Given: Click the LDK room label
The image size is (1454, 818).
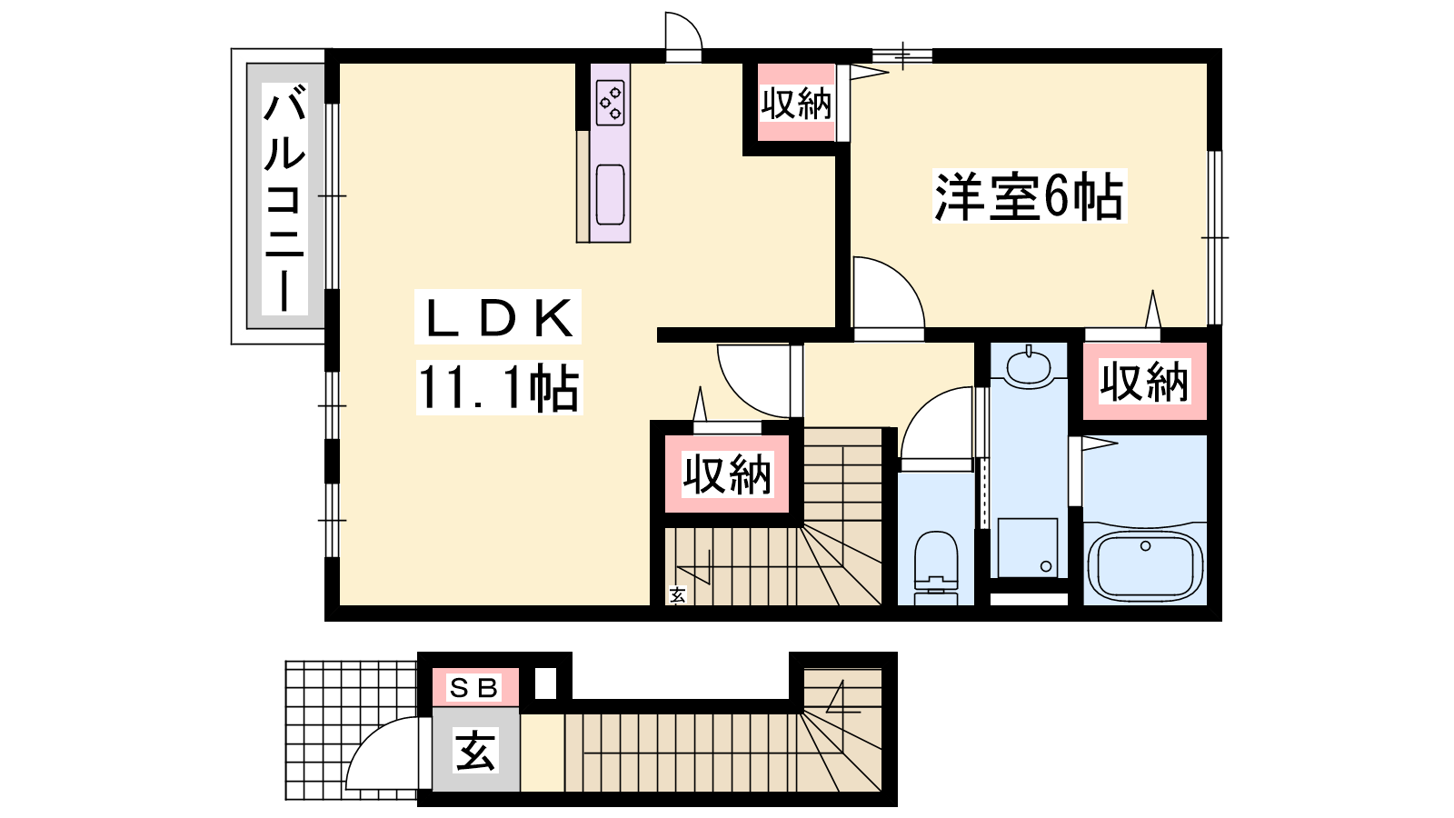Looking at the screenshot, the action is pos(498,317).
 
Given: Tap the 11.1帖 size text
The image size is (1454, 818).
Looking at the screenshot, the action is pos(499,387).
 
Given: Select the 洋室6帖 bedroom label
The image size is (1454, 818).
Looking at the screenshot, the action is pos(1029,196).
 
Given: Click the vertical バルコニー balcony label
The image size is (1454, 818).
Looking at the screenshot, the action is pos(285,201).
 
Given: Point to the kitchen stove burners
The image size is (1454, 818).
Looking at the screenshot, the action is pos(610,103).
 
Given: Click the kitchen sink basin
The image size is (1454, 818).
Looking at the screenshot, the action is pos(610,195).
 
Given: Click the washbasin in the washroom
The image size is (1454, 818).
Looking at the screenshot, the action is pos(1028,367).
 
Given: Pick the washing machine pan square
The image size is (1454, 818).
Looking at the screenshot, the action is pos(1028,547).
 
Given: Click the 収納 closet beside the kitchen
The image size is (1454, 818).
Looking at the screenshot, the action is pos(796,104).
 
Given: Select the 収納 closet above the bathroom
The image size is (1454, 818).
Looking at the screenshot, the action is pos(1144,382).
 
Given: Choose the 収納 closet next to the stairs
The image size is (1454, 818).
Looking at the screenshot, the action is pos(727,474).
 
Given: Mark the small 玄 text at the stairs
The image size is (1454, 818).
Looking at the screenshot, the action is pos(677,594).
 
